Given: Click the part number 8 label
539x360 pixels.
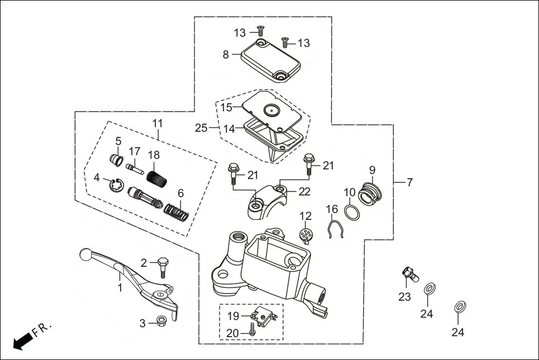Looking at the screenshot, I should point(226,55).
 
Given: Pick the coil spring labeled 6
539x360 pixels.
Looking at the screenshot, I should point(177,212).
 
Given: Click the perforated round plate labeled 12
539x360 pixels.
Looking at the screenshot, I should point(306,235).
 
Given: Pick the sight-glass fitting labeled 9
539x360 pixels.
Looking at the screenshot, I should point(369,191).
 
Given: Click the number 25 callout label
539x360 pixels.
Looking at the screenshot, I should point(201,128).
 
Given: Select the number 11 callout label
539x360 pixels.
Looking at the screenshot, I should point(157,122).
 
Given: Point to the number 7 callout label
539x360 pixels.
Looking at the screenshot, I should point(409,183).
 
